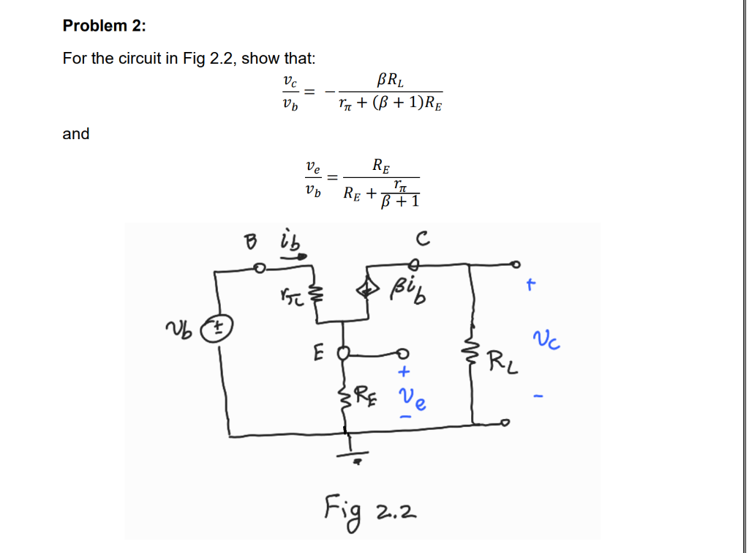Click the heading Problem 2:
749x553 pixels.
pos(104,26)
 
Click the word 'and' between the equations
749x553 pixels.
pos(76,134)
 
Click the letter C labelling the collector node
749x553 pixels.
pos(419,239)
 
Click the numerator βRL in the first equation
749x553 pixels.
pos(388,78)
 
